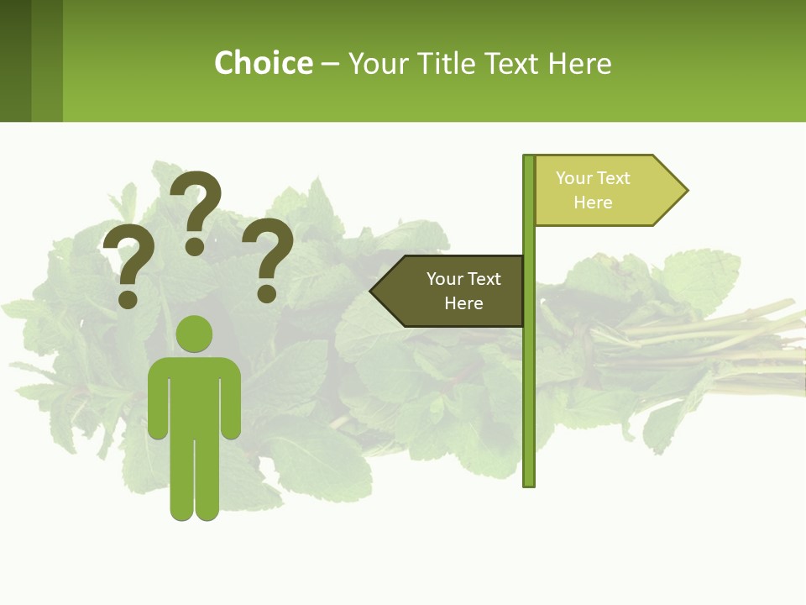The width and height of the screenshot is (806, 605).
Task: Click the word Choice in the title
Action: [263, 63]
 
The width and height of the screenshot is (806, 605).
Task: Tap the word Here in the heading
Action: [580, 64]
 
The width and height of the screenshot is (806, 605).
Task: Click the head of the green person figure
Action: [194, 334]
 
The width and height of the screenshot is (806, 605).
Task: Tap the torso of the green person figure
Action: [194, 395]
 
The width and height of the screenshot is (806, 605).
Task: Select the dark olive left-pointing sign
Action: [453, 291]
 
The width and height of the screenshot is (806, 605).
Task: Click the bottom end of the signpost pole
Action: [528, 481]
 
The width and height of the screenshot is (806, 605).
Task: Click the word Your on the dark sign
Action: [445, 279]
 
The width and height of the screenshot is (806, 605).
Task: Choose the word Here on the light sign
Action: [593, 203]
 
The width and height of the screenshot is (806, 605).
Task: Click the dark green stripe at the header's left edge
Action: [15, 60]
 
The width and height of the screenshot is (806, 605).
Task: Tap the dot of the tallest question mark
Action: [195, 246]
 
